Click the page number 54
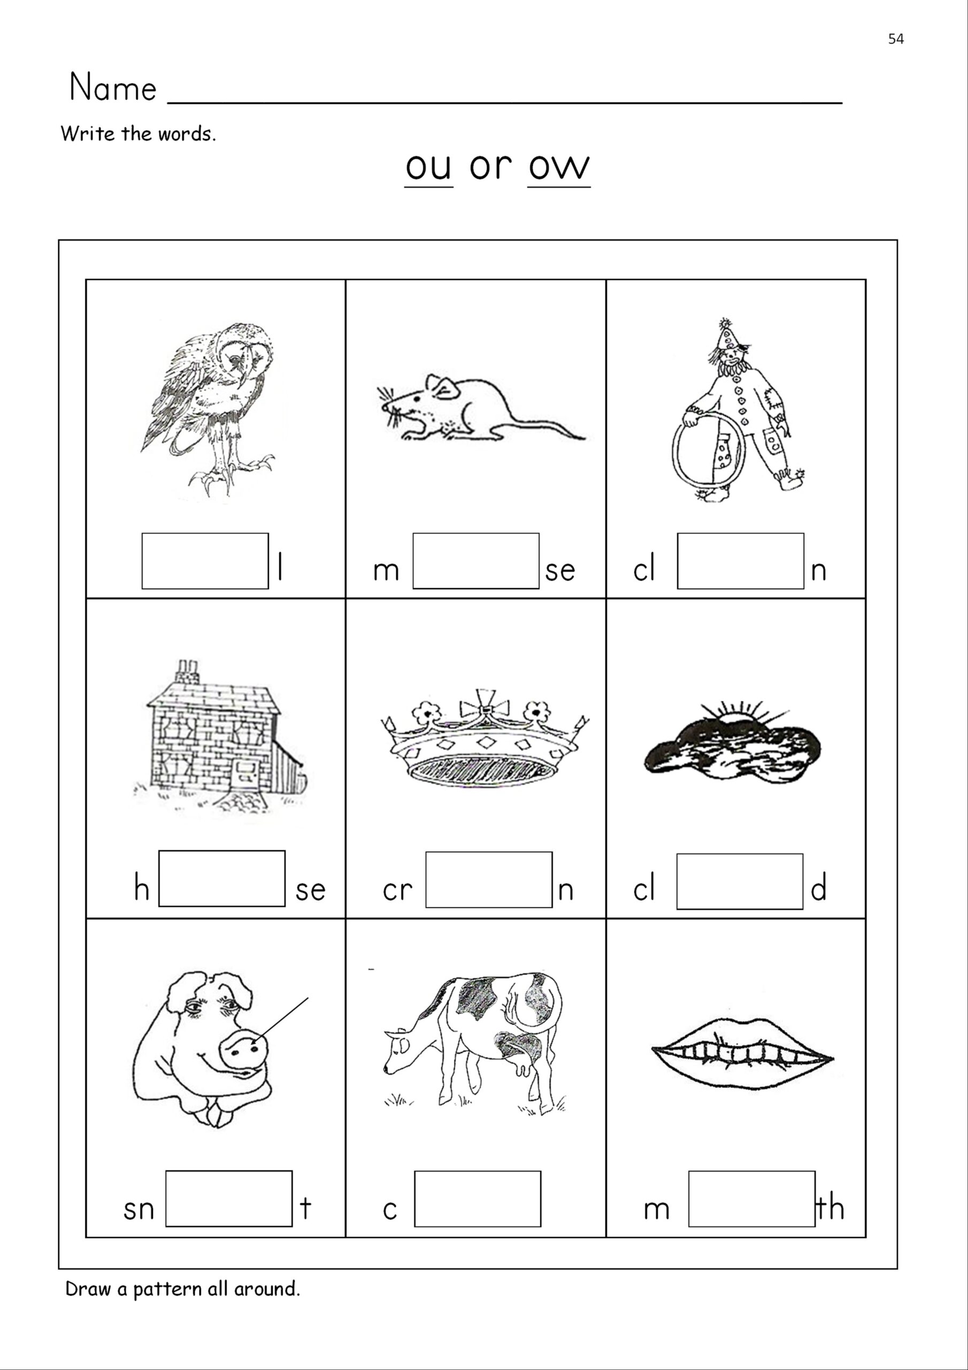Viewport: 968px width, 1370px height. (895, 40)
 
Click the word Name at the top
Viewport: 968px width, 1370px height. (113, 88)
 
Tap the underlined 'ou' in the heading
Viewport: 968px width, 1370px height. (428, 167)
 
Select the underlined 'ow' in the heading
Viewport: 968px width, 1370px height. (559, 167)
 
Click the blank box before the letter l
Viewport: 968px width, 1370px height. (205, 561)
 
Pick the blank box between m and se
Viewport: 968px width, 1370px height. (475, 561)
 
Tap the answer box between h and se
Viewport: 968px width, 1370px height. (221, 878)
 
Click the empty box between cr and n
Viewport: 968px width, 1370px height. (488, 879)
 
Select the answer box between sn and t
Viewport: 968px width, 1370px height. (228, 1199)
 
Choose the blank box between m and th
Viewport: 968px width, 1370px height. (751, 1199)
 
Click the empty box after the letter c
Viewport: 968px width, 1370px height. (477, 1199)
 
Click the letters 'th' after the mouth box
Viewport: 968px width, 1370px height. (830, 1208)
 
